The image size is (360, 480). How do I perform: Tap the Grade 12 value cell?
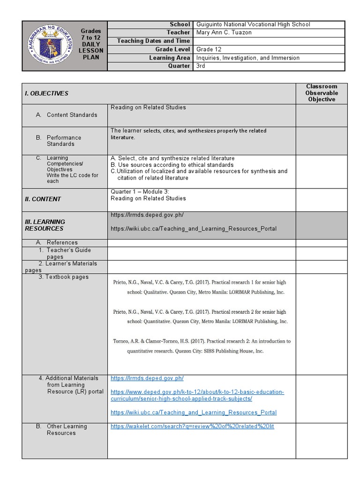pos(209,49)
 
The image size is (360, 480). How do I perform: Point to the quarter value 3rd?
pos(201,66)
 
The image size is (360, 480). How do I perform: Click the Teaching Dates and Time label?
pos(153,41)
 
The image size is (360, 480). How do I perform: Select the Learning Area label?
pos(169,58)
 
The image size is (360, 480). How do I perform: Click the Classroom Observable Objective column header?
pos(322,93)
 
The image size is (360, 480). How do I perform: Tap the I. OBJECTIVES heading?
pos(46,93)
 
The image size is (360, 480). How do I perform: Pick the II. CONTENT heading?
pos(43,199)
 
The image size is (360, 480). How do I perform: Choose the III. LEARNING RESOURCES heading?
pos(45,225)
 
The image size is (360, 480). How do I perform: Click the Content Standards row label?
pos(72,115)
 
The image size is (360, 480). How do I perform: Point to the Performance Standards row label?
pos(64,141)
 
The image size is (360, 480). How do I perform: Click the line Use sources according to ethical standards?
pos(172,165)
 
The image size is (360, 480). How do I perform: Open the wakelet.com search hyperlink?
pos(192,427)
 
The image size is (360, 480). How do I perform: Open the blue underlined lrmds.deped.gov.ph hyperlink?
pos(147,378)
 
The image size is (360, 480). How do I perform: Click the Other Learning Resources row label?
pos(67,429)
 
